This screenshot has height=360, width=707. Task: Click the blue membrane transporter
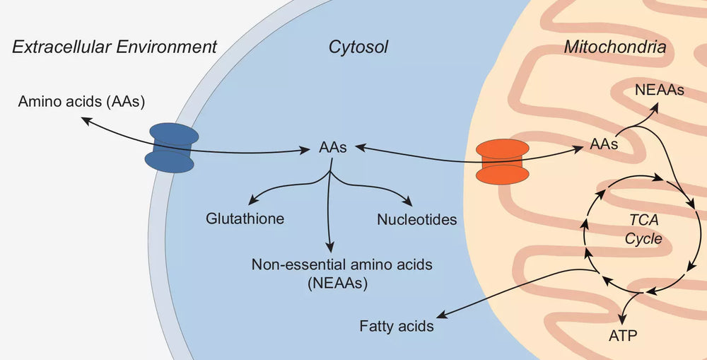coord(170,146)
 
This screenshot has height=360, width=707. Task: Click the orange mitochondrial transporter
coord(503,161)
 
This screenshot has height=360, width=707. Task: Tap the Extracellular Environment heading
coord(114,47)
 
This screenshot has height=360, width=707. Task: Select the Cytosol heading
coord(358,47)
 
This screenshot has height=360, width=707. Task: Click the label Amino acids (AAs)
coord(81,101)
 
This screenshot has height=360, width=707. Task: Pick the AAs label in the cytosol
coord(333,149)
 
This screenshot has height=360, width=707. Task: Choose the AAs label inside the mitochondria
coord(604,144)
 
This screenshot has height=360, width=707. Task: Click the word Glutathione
coord(245,219)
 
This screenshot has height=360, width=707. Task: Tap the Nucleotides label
coord(417,219)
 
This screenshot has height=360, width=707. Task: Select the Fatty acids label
coord(396,327)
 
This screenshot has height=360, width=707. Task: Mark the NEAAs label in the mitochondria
coord(660,91)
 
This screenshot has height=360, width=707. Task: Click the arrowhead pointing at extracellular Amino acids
coord(84,120)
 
